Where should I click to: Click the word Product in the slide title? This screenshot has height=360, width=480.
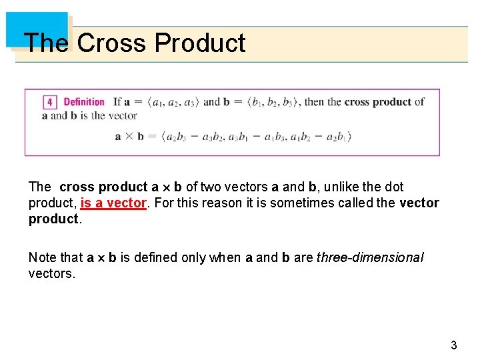pyautogui.click(x=199, y=43)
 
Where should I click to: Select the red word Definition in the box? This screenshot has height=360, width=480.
pyautogui.click(x=84, y=102)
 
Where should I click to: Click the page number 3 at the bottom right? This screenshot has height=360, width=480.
pyautogui.click(x=454, y=345)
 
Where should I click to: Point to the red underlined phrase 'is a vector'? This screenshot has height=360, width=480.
pyautogui.click(x=113, y=203)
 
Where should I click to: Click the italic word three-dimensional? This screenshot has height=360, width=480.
pyautogui.click(x=370, y=257)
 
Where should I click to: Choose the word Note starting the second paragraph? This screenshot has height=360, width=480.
pyautogui.click(x=43, y=257)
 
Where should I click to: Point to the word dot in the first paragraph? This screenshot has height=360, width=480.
pyautogui.click(x=393, y=187)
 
